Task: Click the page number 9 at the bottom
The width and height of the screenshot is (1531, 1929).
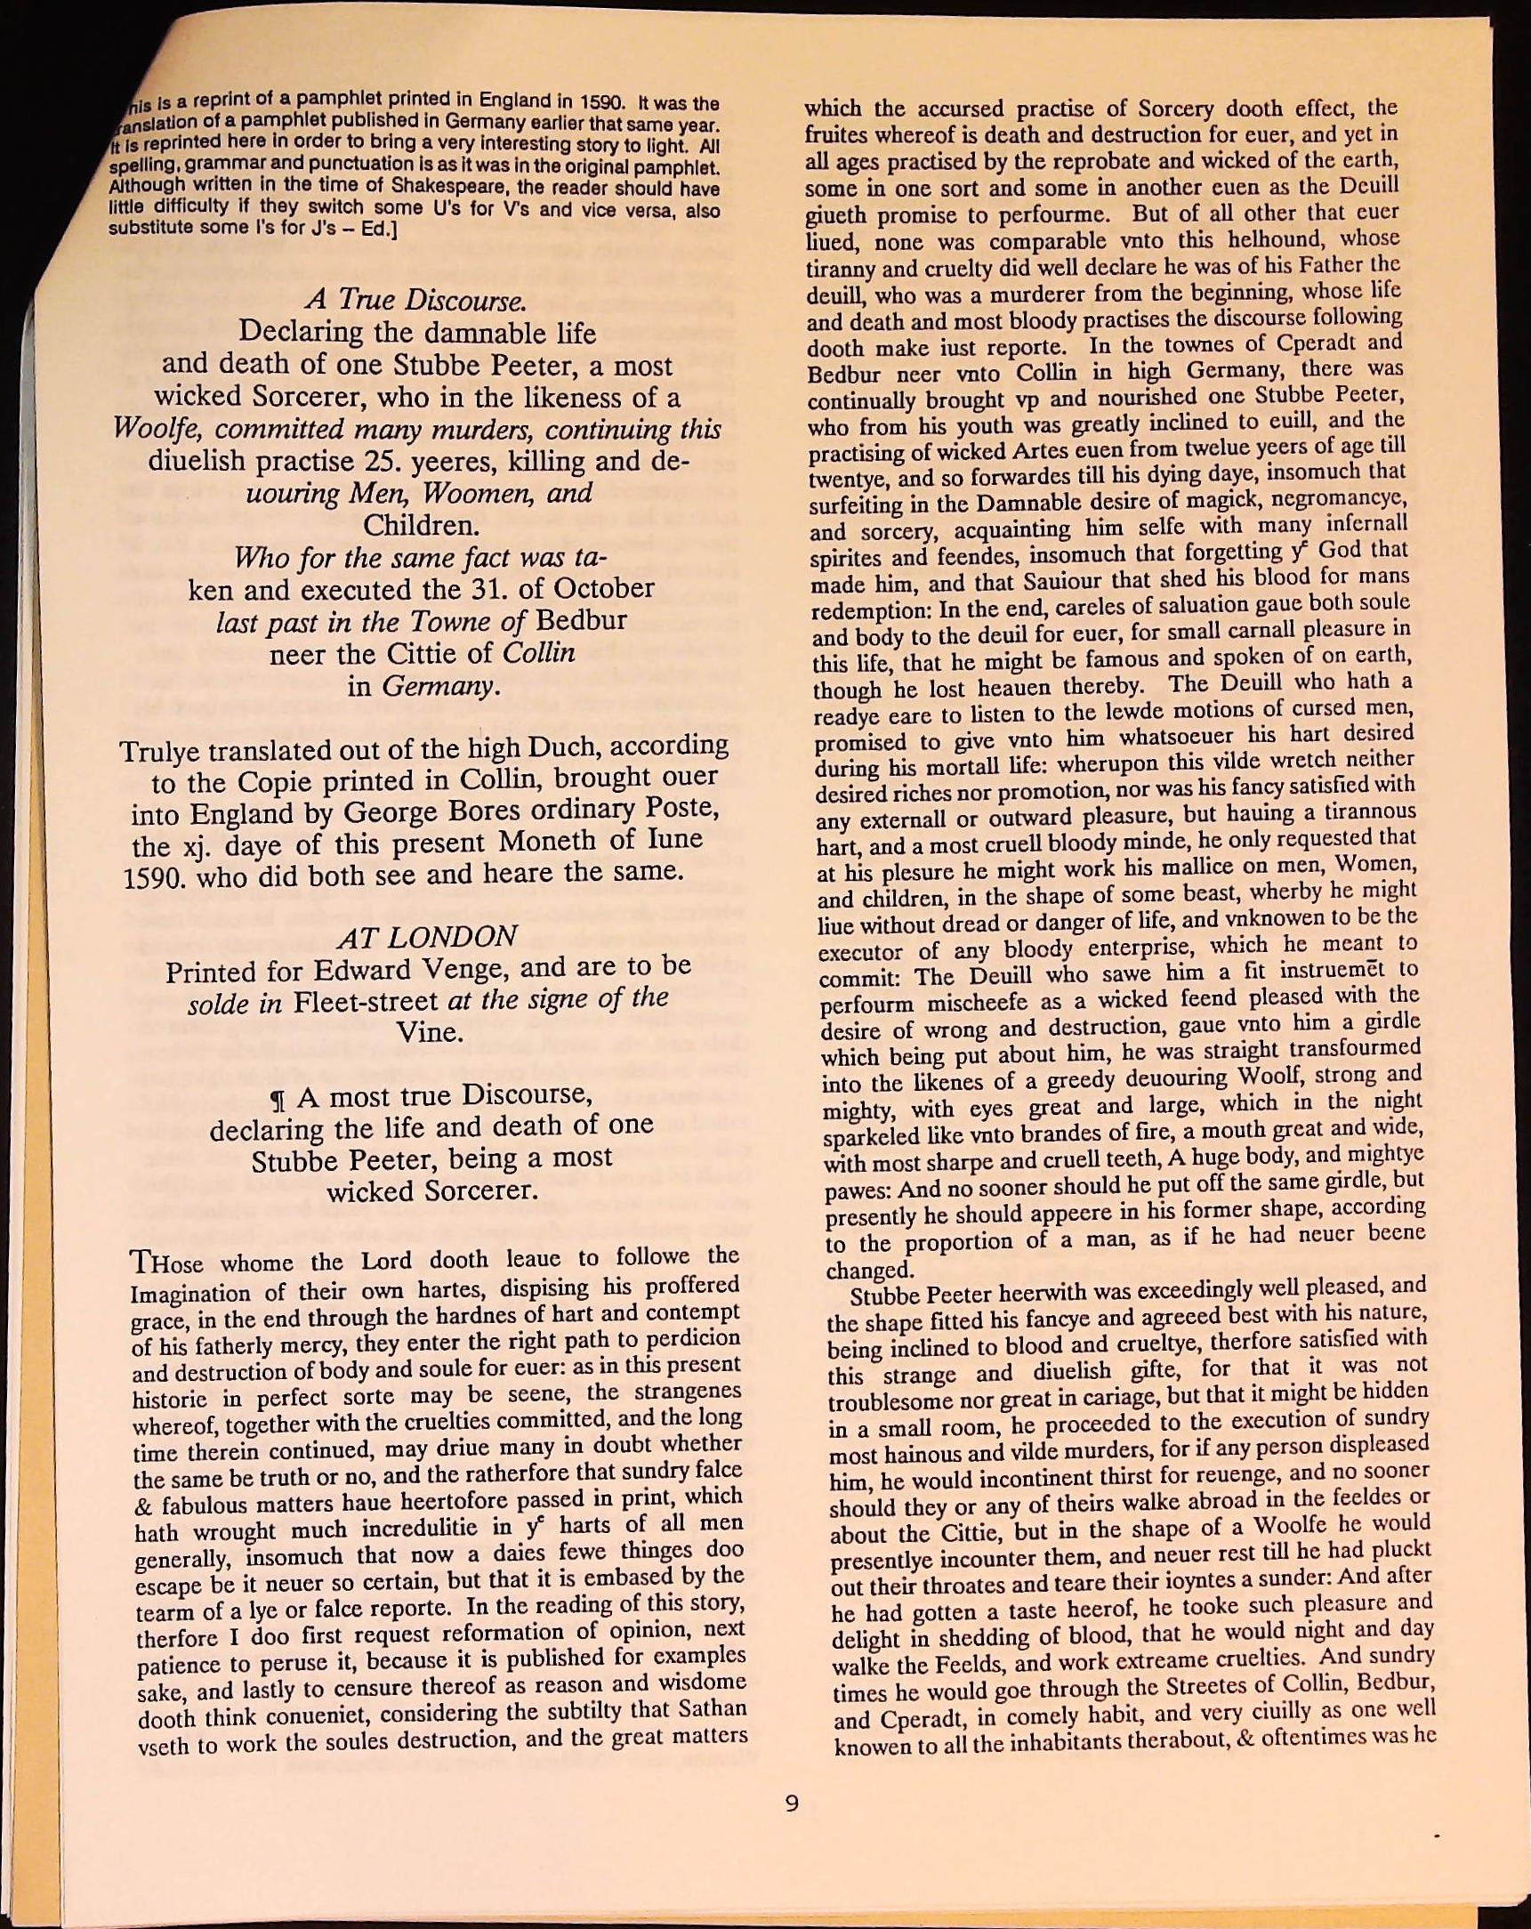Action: click(791, 1803)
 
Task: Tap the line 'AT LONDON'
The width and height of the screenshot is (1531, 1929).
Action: click(427, 937)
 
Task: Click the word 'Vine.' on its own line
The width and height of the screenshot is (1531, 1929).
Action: click(430, 1032)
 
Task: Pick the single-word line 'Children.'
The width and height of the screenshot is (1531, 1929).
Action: click(420, 525)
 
